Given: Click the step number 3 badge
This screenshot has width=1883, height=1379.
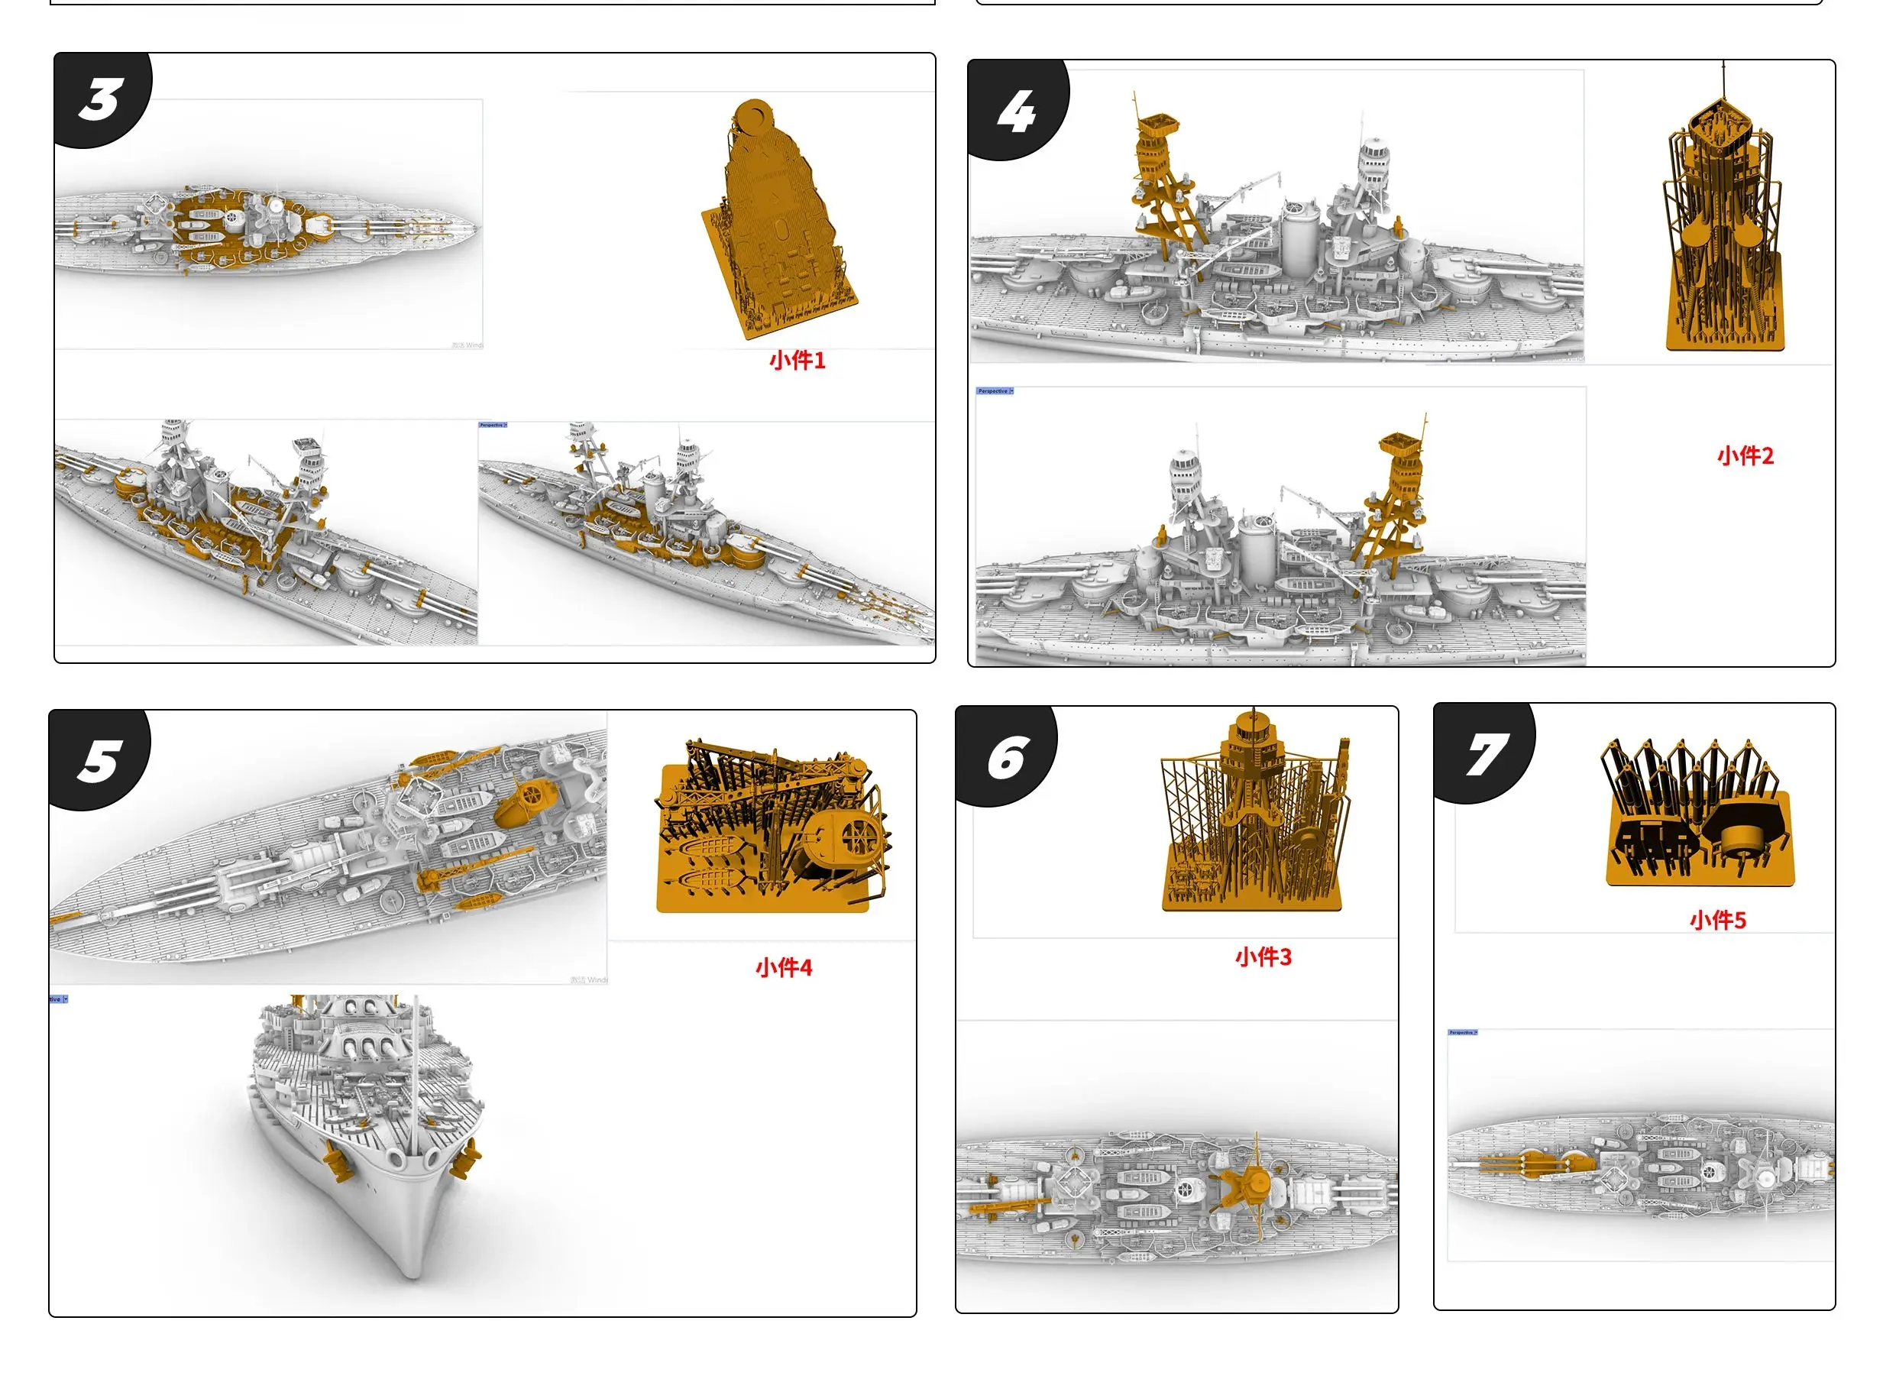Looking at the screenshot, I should pos(100,100).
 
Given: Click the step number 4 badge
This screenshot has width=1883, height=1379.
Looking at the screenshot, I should pos(1016,112).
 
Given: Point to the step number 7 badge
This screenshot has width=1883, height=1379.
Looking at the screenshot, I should pos(1485,755).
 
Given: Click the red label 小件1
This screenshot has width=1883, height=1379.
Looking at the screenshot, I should pos(797,361).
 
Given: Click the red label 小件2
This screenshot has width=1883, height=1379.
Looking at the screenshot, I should pos(1745,456).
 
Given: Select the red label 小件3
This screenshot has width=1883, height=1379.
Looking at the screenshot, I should pos(1263,957).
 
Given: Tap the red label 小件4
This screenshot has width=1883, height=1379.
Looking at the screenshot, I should pos(783,967).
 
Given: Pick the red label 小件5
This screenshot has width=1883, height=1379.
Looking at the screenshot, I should pos(1718,920).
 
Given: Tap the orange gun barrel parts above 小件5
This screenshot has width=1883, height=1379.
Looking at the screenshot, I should pos(1694,818).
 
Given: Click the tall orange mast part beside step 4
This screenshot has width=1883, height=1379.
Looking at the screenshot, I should pos(1723,225).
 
